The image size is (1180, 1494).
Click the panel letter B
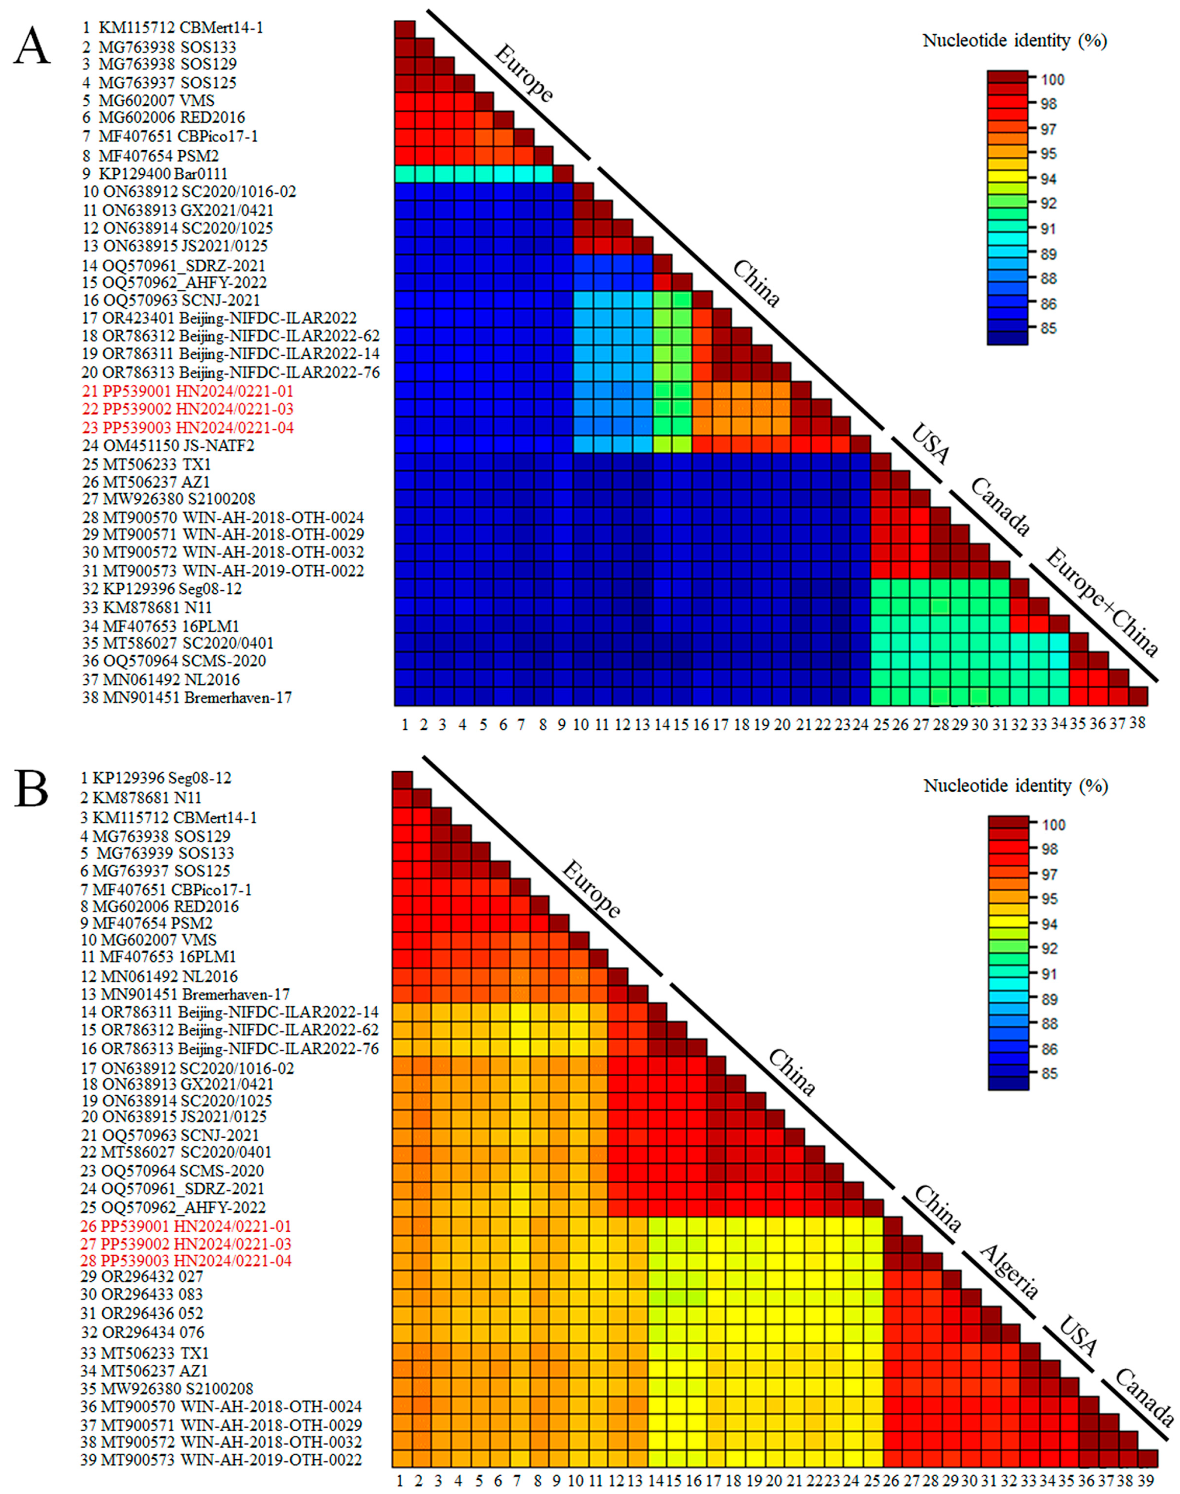coord(32,790)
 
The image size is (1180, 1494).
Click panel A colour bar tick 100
coord(1053,79)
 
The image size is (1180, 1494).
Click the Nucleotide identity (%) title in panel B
coord(1016,786)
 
